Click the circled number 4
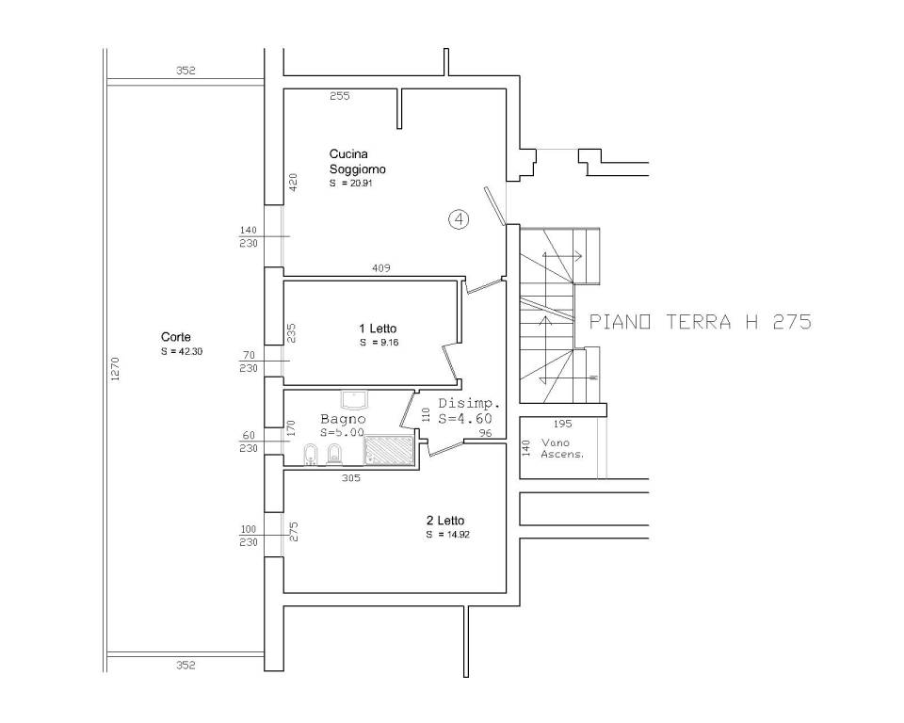(459, 219)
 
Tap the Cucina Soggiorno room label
(358, 161)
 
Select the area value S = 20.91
(350, 184)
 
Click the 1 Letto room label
(378, 329)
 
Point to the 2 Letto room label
(445, 521)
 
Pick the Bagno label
(343, 419)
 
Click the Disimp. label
(469, 404)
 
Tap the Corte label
(176, 337)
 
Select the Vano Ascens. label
(562, 448)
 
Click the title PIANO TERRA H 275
(700, 322)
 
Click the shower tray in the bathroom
(389, 450)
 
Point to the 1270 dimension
(115, 369)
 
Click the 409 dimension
(381, 268)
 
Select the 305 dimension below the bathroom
(351, 478)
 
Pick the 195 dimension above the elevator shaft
(563, 424)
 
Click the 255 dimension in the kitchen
(340, 96)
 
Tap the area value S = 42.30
(182, 352)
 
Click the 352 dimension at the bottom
(186, 666)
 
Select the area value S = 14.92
(448, 535)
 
